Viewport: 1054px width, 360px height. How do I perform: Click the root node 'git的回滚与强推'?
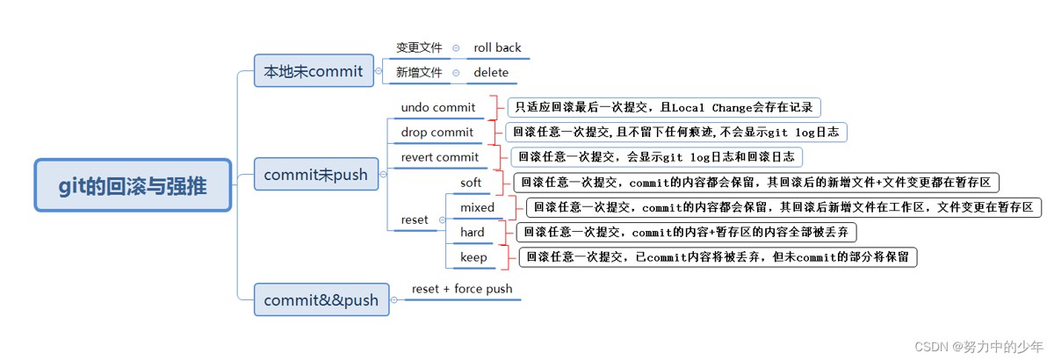[134, 185]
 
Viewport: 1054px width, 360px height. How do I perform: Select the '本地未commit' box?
[313, 71]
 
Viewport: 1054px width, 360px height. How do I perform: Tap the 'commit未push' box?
[315, 174]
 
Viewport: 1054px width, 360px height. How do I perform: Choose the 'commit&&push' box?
[321, 299]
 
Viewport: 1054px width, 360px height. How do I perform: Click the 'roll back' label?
[497, 47]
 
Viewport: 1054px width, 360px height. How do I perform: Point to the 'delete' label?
[491, 73]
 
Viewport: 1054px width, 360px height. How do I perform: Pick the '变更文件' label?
[419, 47]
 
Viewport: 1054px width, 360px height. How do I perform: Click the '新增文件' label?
[419, 73]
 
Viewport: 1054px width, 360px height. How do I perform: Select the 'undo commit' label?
[437, 108]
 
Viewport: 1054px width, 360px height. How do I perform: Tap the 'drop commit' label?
[437, 133]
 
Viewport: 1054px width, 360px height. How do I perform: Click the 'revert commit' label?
[439, 157]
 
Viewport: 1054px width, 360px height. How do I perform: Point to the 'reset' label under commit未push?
[414, 220]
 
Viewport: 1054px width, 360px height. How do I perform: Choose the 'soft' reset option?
[472, 183]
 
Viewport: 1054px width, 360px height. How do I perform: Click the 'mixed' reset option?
[477, 208]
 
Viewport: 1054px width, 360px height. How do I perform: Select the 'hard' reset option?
[473, 233]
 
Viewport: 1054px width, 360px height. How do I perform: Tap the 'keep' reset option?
[473, 257]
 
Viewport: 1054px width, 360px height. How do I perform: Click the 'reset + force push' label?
[462, 289]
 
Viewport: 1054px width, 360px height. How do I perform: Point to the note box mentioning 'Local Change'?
[664, 108]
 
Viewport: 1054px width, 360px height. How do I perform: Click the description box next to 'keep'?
[718, 257]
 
